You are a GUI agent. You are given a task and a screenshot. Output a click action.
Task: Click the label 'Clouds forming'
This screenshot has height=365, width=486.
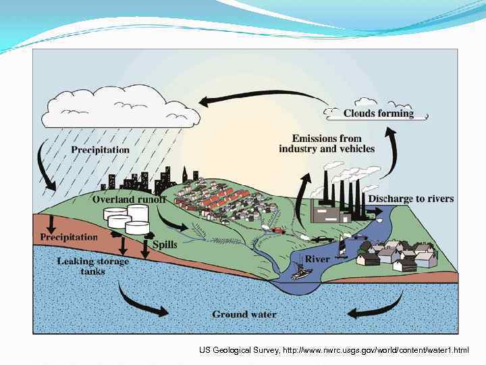point(378,114)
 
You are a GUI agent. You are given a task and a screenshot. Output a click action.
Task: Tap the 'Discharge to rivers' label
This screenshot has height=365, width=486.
point(410,199)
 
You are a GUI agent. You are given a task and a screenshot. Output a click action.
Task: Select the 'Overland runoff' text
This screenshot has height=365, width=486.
point(129,199)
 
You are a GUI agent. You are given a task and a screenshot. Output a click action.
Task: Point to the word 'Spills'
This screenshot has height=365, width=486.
point(165,244)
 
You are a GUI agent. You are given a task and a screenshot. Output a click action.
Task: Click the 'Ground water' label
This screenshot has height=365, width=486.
point(244,314)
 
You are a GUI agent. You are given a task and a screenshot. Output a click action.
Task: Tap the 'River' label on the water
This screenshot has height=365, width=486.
point(317,259)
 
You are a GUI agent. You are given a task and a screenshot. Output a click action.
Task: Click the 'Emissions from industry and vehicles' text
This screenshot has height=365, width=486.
point(327,143)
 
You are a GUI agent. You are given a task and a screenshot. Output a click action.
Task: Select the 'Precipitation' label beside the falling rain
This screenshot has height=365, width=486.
point(100,149)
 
